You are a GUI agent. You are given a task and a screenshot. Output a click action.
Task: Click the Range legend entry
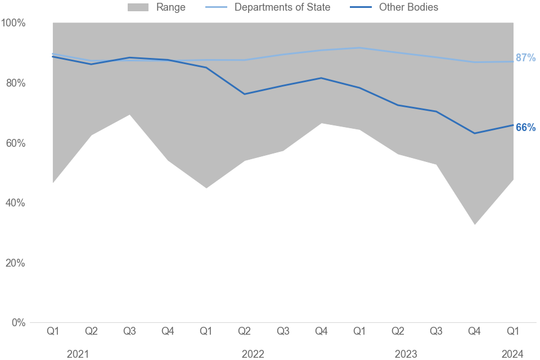[157, 7]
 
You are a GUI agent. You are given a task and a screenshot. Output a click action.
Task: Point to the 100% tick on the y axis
[13, 23]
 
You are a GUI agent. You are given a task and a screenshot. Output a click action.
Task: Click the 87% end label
[525, 58]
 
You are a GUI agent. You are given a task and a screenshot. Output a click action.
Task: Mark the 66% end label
[525, 128]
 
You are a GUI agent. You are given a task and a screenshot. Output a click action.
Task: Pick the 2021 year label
[78, 354]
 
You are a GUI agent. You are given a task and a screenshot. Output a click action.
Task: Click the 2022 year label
[253, 354]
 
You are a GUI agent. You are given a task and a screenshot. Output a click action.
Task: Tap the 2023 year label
[406, 354]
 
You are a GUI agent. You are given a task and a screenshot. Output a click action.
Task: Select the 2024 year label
[512, 354]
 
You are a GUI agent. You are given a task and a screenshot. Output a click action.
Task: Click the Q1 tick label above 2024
[512, 332]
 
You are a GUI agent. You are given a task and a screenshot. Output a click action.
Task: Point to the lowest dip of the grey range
[475, 224]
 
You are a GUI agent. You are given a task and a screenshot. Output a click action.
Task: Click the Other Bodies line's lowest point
[475, 133]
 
